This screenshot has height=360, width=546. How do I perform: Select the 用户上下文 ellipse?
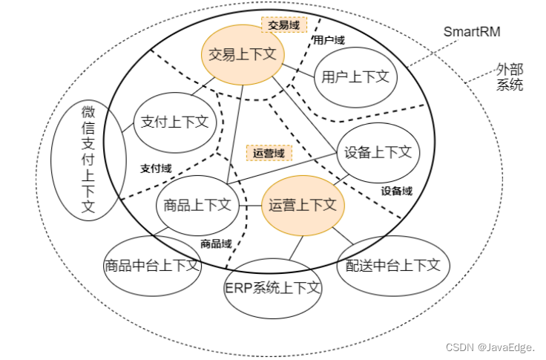coord(355,76)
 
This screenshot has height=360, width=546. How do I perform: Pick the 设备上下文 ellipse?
coord(378,151)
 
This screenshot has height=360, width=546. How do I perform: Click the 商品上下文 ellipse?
coord(197,206)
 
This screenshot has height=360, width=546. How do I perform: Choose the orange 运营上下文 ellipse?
coord(303,206)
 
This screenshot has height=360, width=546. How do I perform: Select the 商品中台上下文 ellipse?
coord(152,264)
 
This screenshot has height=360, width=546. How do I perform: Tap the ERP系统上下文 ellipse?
coord(272,288)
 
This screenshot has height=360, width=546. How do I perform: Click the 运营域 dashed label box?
coord(269,153)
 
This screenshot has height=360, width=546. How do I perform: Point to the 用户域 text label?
coord(328,40)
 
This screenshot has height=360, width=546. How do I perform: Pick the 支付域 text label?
coord(156,168)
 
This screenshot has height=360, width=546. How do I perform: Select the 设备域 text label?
coord(397,191)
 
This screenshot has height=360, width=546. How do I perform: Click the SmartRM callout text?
coord(471,31)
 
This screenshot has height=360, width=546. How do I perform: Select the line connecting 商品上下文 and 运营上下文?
coord(250,206)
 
